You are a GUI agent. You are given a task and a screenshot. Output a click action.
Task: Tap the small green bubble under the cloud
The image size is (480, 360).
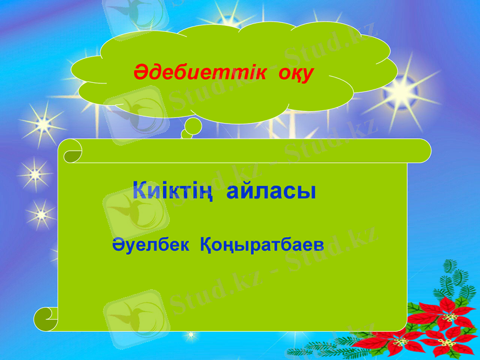[193, 127]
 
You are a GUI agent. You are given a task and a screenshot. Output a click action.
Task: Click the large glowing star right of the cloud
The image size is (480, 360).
[401, 93]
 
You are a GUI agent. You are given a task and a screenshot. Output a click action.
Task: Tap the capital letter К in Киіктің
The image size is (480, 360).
[140, 190]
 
